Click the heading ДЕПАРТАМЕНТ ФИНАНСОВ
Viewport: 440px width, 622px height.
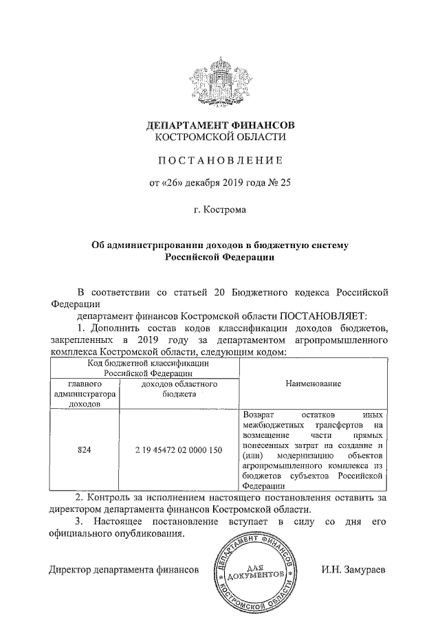pyautogui.click(x=221, y=126)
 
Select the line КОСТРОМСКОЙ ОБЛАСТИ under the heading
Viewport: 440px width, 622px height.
pyautogui.click(x=221, y=139)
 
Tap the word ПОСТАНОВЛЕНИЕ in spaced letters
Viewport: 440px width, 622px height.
pyautogui.click(x=221, y=162)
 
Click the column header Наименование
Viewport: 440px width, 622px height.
pyautogui.click(x=313, y=383)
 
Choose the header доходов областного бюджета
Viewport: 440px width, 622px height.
pyautogui.click(x=179, y=389)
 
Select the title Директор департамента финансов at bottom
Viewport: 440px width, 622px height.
pyautogui.click(x=124, y=570)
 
